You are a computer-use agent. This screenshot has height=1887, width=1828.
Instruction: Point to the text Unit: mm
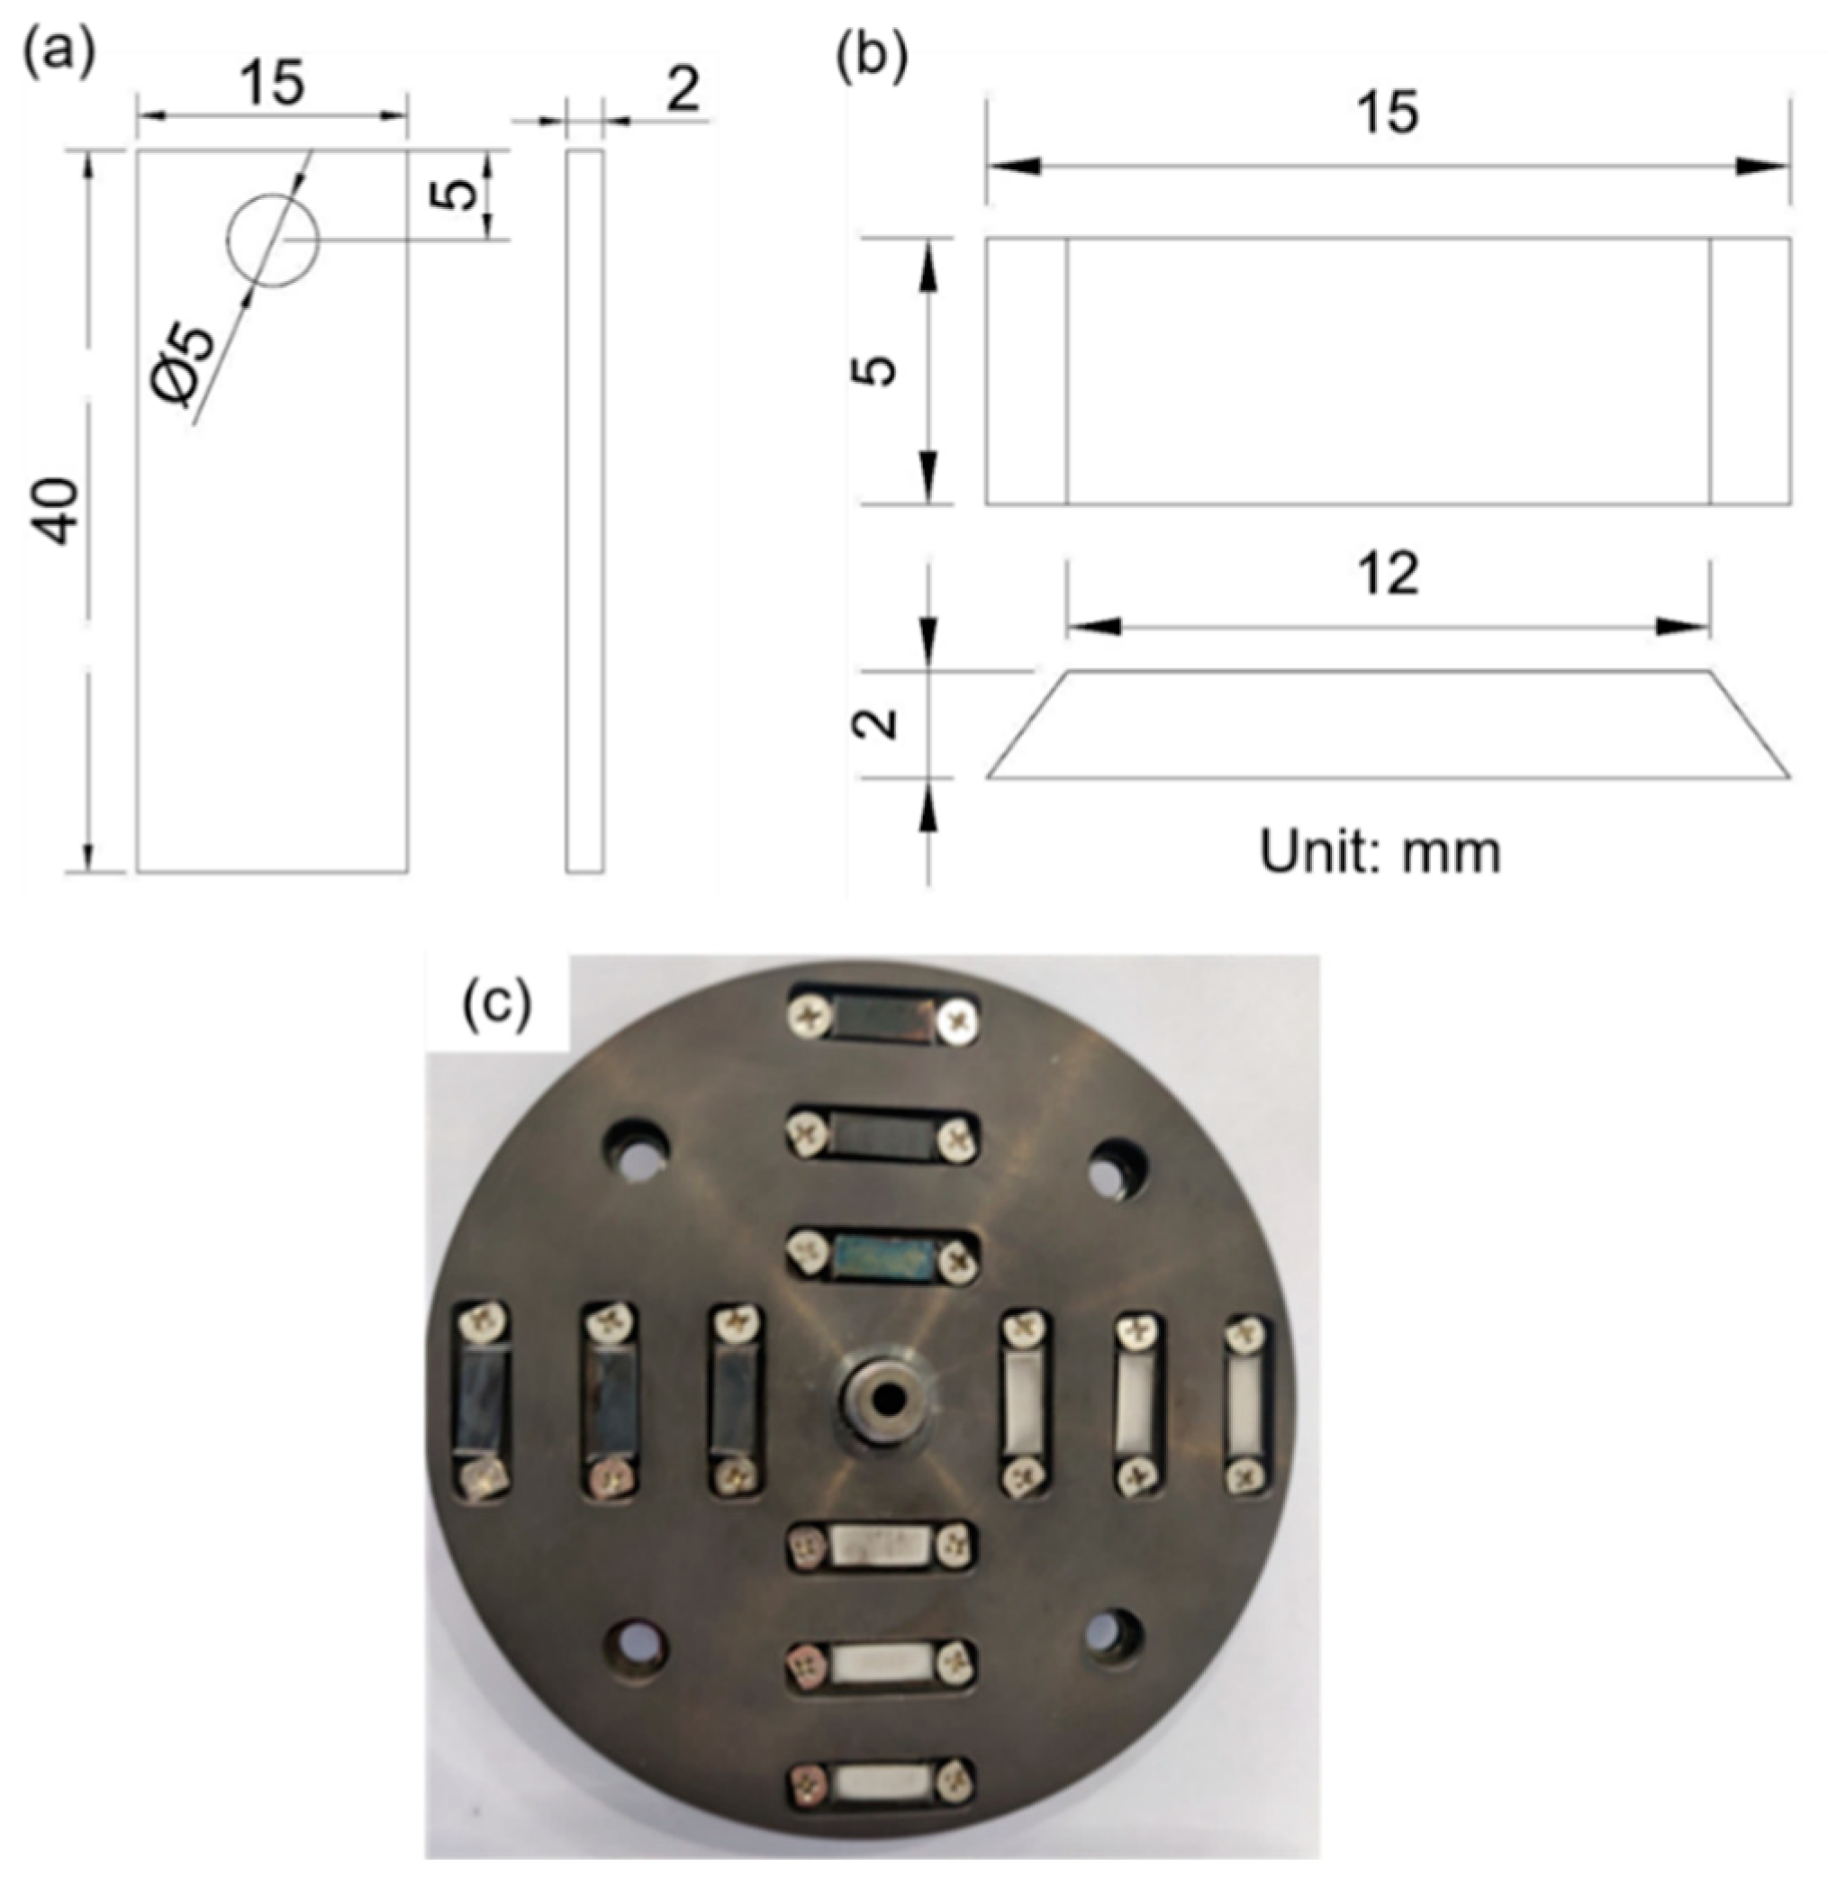click(1380, 853)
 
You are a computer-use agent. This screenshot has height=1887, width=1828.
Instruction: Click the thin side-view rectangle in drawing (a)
click(584, 511)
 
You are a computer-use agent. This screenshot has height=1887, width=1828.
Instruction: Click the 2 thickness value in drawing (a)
click(682, 90)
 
